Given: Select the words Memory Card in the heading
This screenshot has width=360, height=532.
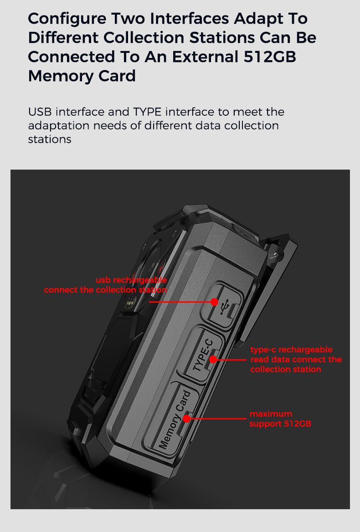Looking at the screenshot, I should pos(82,76).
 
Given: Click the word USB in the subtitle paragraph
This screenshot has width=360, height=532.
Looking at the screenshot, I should pos(40,112).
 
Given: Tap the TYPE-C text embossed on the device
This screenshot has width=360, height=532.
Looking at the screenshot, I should pos(201,355).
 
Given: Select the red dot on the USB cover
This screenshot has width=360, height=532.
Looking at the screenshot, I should pos(214,302).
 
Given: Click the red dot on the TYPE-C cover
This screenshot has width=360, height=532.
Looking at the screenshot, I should pos(213,360).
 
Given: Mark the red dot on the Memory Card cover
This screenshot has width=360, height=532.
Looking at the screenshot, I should pos(187,418).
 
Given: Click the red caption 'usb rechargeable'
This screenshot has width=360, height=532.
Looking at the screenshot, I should pos(131,280).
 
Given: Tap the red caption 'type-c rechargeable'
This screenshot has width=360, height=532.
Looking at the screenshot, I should pos(291,350).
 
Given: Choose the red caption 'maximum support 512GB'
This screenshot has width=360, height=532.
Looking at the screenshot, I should pos(280,418).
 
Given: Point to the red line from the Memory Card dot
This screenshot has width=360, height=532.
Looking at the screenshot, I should pos(219,418).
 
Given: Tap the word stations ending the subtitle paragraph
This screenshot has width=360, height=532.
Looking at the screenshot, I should pos(50,139).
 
